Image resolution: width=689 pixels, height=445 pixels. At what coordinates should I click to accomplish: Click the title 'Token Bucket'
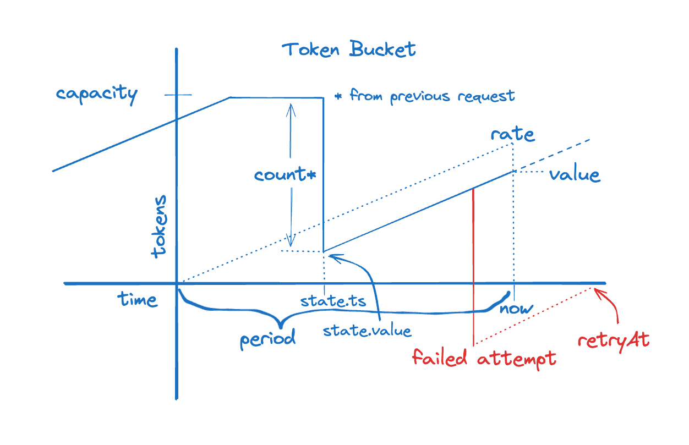(x=349, y=50)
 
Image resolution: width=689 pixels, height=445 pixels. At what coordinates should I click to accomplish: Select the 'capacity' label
(x=96, y=94)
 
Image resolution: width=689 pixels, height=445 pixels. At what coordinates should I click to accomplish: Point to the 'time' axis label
(x=137, y=299)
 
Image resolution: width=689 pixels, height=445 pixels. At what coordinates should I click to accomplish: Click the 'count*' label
(x=285, y=175)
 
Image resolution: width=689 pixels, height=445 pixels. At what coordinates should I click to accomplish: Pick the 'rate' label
(x=512, y=134)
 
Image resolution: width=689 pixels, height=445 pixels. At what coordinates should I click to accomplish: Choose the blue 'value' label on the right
(x=574, y=175)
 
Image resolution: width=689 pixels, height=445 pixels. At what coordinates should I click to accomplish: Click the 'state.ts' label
(x=333, y=302)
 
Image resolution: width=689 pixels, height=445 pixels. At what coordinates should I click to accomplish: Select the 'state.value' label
(x=367, y=331)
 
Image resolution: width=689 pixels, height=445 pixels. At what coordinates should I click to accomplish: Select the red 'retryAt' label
(x=614, y=340)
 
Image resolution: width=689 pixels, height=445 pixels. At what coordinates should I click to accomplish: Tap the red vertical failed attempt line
(x=473, y=264)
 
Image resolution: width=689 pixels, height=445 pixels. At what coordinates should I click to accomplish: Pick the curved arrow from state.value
(x=374, y=281)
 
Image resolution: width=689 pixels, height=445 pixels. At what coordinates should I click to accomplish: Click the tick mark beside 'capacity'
(x=177, y=96)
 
